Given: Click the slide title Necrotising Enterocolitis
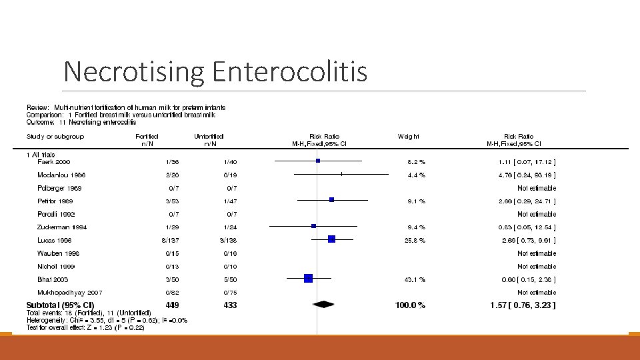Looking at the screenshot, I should tap(215, 71).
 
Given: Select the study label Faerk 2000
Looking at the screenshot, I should tap(55, 162).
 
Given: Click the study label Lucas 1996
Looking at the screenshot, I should tap(55, 240).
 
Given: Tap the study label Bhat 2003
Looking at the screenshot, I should tap(53, 279).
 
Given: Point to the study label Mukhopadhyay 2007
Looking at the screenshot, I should tap(70, 292).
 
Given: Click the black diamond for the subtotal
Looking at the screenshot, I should tap(323, 305).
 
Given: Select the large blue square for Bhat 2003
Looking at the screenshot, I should tap(308, 279).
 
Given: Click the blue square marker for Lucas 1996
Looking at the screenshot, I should tap(331, 239).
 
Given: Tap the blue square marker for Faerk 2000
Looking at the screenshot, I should tap(318, 161).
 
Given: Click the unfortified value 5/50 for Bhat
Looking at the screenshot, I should tap(230, 279).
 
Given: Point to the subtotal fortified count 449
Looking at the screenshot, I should tap(172, 305).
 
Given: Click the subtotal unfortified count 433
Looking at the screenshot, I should tap(230, 305).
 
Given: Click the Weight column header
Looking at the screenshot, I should tap(409, 137).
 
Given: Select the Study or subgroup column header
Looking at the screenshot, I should tap(55, 137).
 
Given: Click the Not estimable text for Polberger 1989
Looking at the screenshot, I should tap(537, 188).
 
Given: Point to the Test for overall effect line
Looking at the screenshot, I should tap(85, 327).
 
